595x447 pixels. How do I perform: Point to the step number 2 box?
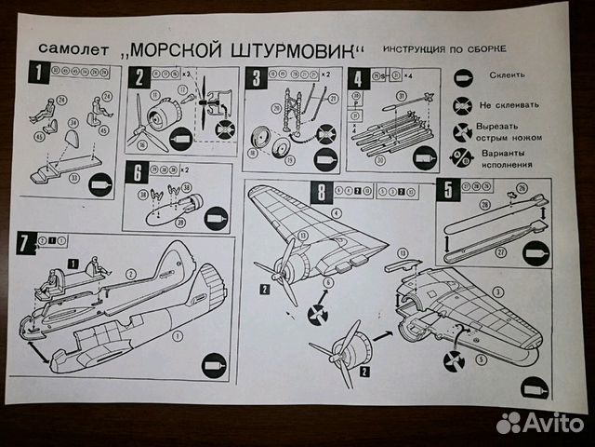click(139, 77)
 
